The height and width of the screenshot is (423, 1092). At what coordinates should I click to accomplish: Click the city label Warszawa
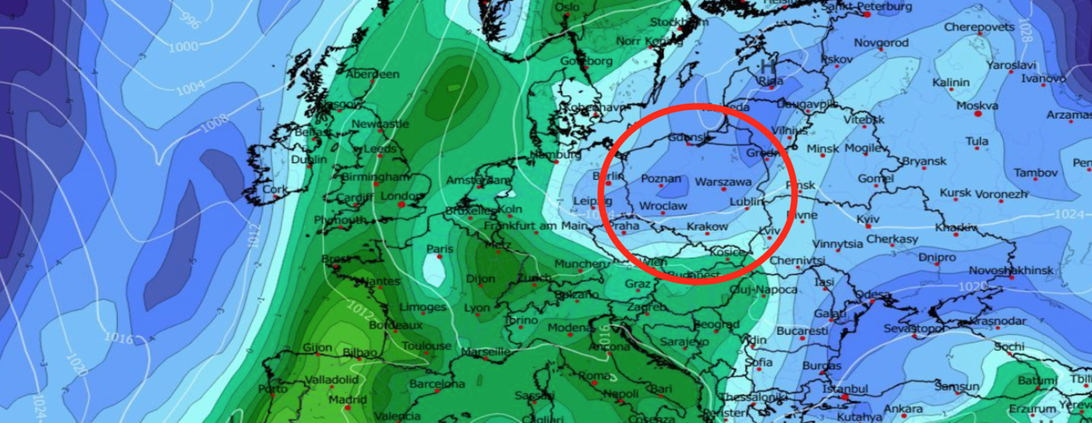click(723, 182)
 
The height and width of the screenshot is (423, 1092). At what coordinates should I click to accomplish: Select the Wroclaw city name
click(662, 205)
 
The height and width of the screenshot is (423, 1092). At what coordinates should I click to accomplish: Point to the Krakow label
click(707, 226)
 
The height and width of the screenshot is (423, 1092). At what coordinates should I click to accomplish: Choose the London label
click(402, 196)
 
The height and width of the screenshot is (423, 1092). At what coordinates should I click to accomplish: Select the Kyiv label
click(867, 218)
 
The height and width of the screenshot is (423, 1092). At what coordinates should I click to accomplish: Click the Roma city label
click(594, 376)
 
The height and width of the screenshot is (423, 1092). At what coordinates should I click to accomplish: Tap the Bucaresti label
click(802, 330)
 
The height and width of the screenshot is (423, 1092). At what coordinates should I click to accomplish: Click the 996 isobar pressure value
click(188, 19)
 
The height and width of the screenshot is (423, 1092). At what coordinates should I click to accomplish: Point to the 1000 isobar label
click(184, 46)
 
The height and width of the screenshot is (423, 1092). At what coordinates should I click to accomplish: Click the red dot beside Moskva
click(978, 114)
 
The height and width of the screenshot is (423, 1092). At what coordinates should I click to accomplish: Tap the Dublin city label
click(308, 160)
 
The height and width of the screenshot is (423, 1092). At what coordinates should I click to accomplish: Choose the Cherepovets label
click(981, 27)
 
